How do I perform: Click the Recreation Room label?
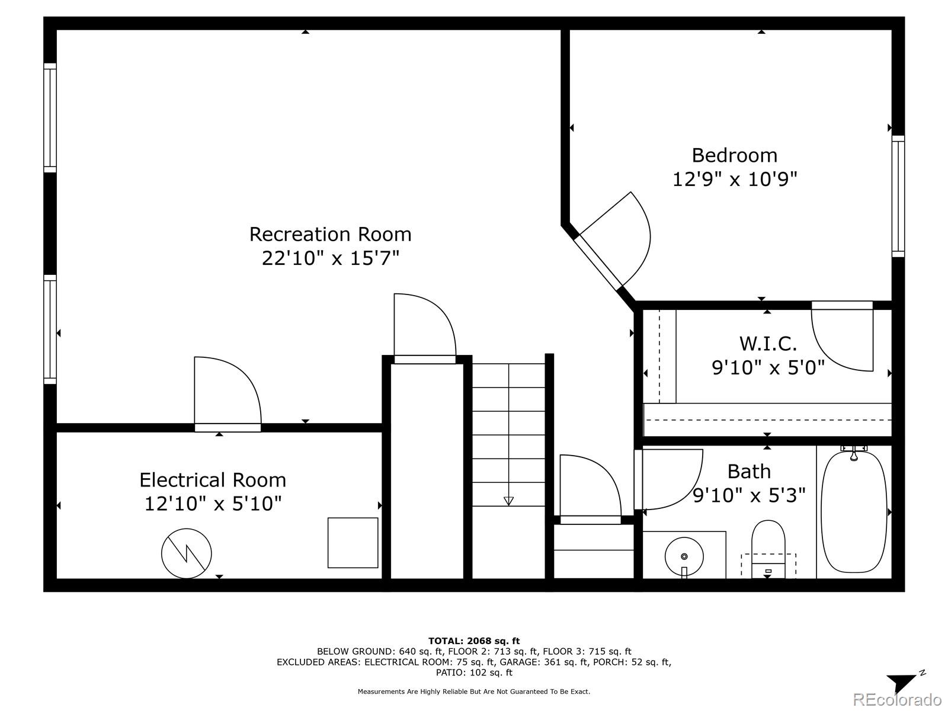[331, 235]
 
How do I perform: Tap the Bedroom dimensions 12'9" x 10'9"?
[735, 179]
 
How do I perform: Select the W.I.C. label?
[768, 344]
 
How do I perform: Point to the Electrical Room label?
[213, 480]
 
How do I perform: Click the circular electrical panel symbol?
[187, 553]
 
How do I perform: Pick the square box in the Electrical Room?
[353, 543]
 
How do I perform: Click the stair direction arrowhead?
[509, 501]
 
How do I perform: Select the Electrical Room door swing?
[228, 391]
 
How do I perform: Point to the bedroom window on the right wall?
[898, 197]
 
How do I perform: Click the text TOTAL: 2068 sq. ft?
[474, 640]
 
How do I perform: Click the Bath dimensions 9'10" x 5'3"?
[749, 495]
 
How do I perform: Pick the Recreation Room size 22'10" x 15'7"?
[331, 258]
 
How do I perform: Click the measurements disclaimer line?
[474, 691]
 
